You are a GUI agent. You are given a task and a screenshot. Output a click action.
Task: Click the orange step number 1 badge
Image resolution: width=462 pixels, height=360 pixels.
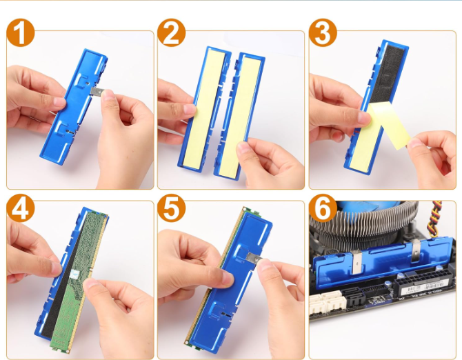(21, 32)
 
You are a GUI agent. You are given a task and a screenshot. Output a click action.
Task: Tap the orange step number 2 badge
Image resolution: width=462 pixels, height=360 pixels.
(172, 32)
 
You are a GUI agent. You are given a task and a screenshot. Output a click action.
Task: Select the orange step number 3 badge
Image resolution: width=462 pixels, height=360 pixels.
(323, 32)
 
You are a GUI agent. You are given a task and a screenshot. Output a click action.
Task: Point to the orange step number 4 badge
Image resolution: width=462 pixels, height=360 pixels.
(21, 208)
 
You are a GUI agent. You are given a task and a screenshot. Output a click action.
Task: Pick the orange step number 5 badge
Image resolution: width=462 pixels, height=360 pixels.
(172, 208)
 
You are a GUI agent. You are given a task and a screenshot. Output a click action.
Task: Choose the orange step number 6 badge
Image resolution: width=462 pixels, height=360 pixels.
(323, 208)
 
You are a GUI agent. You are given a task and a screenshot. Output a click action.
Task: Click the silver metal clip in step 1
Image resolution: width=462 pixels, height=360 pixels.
(97, 92)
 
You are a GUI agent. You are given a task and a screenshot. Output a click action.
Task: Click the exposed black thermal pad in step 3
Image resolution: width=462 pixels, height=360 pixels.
(387, 74)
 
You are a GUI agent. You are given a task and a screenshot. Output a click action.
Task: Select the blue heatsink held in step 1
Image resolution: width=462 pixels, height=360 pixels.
(74, 107)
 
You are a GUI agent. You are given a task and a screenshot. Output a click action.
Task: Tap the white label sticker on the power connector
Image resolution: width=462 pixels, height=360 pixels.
(424, 289)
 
